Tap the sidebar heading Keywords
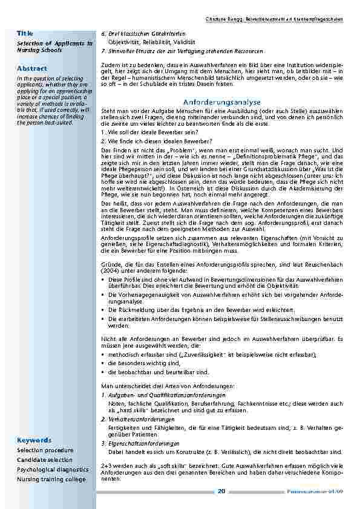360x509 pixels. [x=34, y=439]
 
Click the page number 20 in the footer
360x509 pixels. [x=221, y=491]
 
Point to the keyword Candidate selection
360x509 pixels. [x=44, y=460]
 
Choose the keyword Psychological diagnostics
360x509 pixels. [x=53, y=470]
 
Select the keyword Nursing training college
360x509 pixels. [x=51, y=479]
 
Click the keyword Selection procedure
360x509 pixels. [x=45, y=450]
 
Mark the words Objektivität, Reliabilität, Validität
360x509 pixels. [x=151, y=42]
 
